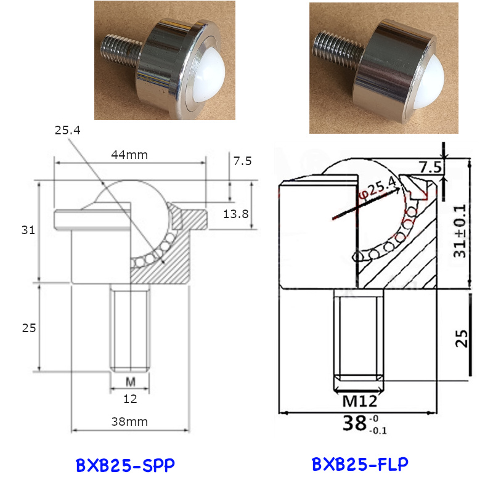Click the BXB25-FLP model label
[360, 464]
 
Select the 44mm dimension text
[129, 155]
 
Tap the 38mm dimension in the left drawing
[129, 422]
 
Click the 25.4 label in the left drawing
[68, 131]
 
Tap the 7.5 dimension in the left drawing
[242, 161]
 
